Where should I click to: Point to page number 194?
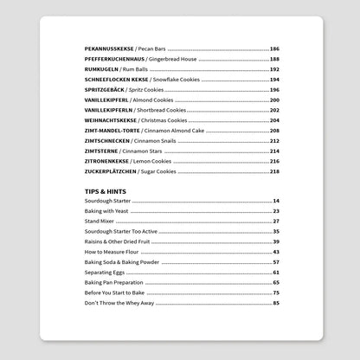[x=274, y=78]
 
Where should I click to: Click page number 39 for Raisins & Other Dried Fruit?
[x=276, y=242]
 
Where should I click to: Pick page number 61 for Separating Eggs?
[x=276, y=273]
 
